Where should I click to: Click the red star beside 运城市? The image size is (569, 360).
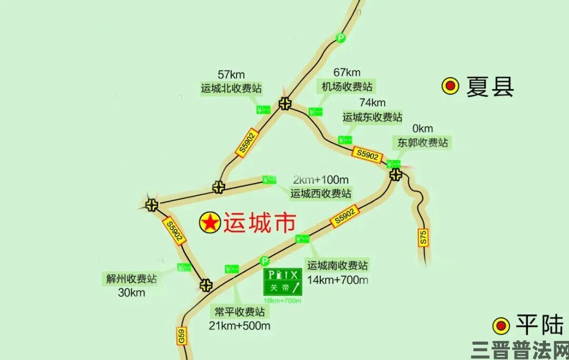click(x=210, y=223)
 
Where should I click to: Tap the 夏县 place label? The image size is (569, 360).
click(x=489, y=86)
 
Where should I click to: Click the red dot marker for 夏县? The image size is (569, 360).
click(x=450, y=86)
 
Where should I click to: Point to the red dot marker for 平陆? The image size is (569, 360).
click(x=501, y=326)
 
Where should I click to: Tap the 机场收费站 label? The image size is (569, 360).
click(x=347, y=86)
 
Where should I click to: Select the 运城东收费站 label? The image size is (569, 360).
click(x=372, y=116)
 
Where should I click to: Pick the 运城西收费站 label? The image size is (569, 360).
click(x=321, y=193)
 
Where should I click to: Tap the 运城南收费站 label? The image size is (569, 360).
click(x=338, y=265)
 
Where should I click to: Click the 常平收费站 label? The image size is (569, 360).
click(x=240, y=311)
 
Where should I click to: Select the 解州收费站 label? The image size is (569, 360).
click(x=131, y=279)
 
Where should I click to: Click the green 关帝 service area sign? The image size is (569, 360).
click(x=283, y=282)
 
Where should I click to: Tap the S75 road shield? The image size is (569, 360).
click(x=424, y=237)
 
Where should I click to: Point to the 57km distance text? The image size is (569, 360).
click(x=231, y=75)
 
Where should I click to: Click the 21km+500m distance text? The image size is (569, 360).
click(x=239, y=326)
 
